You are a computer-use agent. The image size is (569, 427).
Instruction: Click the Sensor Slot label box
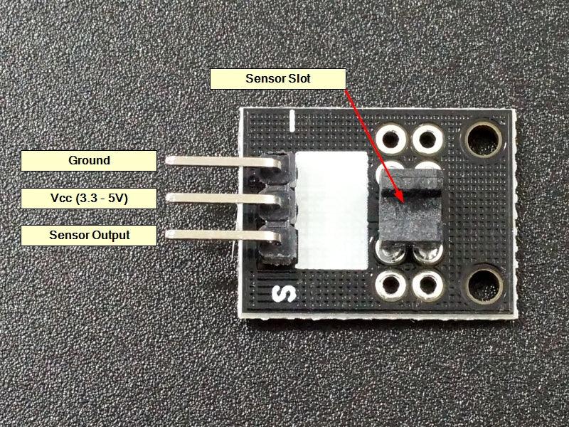(x=277, y=78)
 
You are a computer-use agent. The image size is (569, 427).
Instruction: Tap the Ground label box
(x=89, y=161)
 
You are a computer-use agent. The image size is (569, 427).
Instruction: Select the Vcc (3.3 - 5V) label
(x=89, y=199)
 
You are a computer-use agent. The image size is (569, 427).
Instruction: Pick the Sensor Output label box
(x=89, y=235)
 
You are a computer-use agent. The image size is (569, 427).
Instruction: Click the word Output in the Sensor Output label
(x=110, y=235)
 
